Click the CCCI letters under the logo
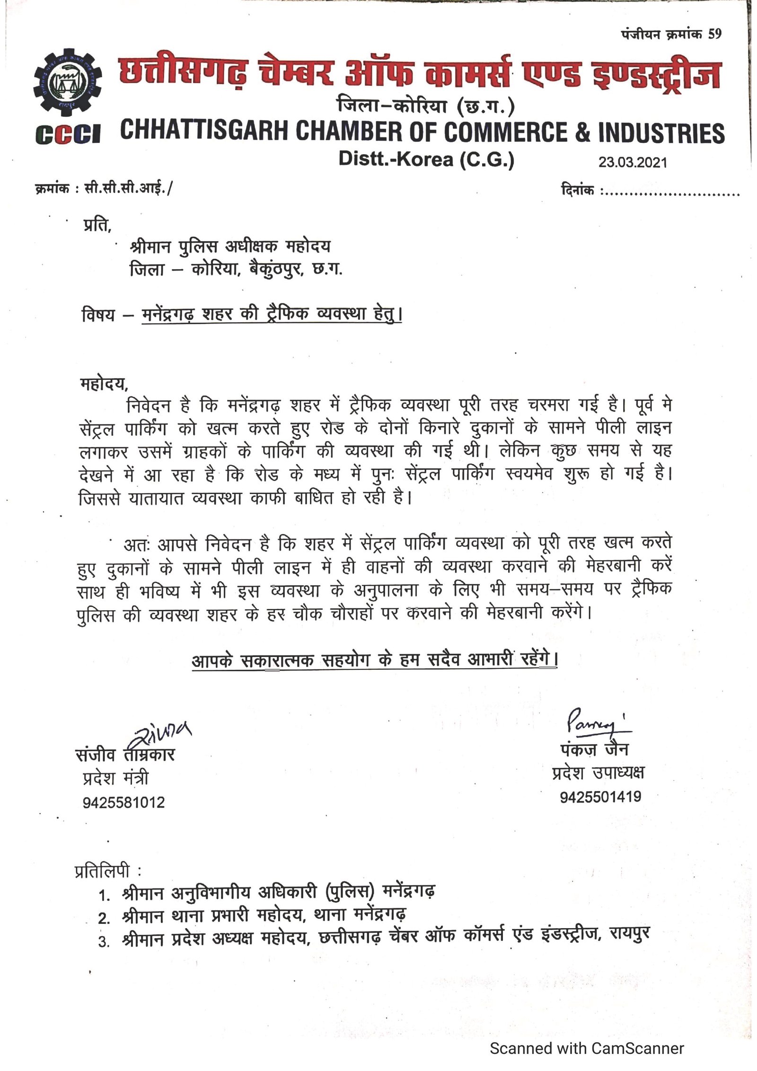(x=67, y=135)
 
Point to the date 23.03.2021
(x=633, y=162)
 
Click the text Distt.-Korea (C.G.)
(x=426, y=159)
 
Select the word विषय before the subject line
(x=98, y=315)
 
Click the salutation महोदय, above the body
(x=104, y=383)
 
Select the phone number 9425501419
(x=600, y=797)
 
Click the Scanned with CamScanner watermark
(x=587, y=1048)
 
